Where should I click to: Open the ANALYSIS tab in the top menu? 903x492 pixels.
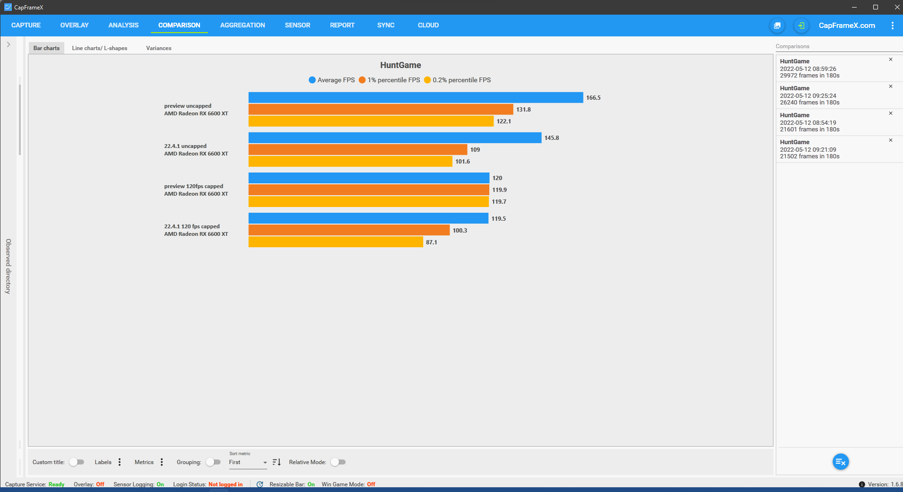tap(123, 25)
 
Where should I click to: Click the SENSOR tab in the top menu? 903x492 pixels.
tap(297, 25)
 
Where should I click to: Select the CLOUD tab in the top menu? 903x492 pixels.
tap(428, 25)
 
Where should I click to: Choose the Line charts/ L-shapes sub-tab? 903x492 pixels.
tap(99, 48)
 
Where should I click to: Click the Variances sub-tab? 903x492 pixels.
tap(158, 48)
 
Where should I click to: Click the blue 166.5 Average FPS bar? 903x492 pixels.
tap(415, 97)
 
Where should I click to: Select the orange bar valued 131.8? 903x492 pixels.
tap(381, 109)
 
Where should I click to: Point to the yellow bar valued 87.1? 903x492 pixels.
tap(336, 242)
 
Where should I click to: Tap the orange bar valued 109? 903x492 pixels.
tap(357, 149)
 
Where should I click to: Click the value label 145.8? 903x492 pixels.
tap(551, 138)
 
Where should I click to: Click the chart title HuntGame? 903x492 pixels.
tap(400, 65)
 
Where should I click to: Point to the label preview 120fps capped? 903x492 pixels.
tap(193, 186)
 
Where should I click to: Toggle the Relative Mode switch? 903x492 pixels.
tap(338, 462)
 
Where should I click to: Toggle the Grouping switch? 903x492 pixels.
tap(213, 462)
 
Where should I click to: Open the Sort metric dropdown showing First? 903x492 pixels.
tap(248, 462)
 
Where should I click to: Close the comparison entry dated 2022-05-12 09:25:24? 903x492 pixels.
tap(891, 86)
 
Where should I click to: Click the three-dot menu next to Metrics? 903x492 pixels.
tap(162, 462)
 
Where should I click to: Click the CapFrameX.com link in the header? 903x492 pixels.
tap(847, 26)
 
